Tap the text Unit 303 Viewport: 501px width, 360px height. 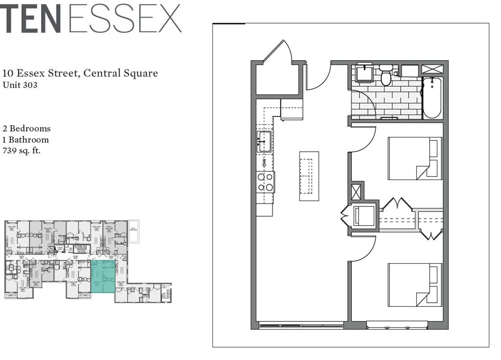pyautogui.click(x=20, y=85)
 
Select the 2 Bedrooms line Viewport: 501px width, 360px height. pyautogui.click(x=26, y=129)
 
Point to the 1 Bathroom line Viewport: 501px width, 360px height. pyautogui.click(x=25, y=140)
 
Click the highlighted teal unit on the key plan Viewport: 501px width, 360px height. pyautogui.click(x=103, y=276)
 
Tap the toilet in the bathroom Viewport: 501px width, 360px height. pyautogui.click(x=386, y=76)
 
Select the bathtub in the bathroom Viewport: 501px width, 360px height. pyautogui.click(x=432, y=97)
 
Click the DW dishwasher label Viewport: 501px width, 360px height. pyautogui.click(x=264, y=161)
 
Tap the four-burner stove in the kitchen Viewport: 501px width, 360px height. pyautogui.click(x=266, y=182)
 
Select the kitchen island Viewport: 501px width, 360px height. pyautogui.click(x=309, y=176)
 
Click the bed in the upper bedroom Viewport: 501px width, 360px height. pyautogui.click(x=415, y=158)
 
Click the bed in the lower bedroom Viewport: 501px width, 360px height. pyautogui.click(x=415, y=285)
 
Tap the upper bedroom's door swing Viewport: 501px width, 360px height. pyautogui.click(x=363, y=139)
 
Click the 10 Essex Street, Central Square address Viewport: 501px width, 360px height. pyautogui.click(x=80, y=73)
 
